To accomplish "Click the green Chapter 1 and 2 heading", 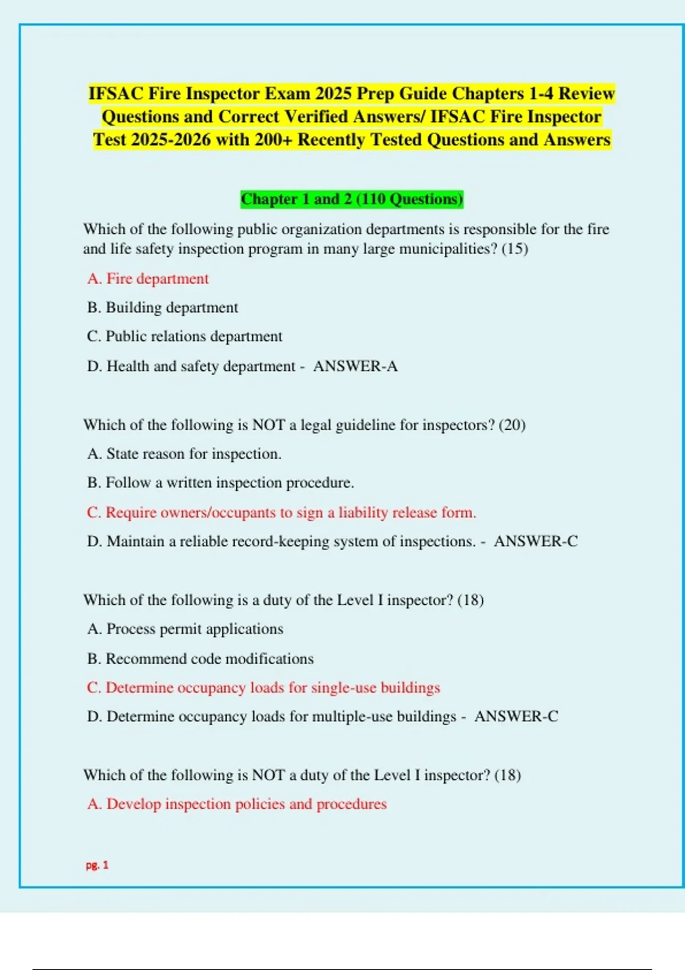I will click(352, 199).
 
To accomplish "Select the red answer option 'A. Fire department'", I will click(148, 278).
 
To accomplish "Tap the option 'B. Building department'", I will click(162, 308).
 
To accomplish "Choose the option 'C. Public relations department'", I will click(184, 337).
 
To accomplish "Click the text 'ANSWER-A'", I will click(355, 366).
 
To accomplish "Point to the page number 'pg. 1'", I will click(97, 865).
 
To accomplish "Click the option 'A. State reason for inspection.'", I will click(184, 454).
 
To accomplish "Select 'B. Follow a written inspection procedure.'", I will click(220, 483).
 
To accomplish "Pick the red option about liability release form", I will click(281, 512).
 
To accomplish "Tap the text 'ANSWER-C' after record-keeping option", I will click(535, 541).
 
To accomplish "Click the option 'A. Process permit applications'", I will click(185, 629).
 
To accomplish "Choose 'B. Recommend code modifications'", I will click(200, 658).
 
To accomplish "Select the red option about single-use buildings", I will click(263, 688).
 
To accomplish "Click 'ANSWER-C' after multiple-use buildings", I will click(516, 716).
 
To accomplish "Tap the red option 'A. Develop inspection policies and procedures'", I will click(237, 804).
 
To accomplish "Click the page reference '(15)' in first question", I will click(514, 249).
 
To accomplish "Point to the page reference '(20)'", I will click(512, 425).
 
